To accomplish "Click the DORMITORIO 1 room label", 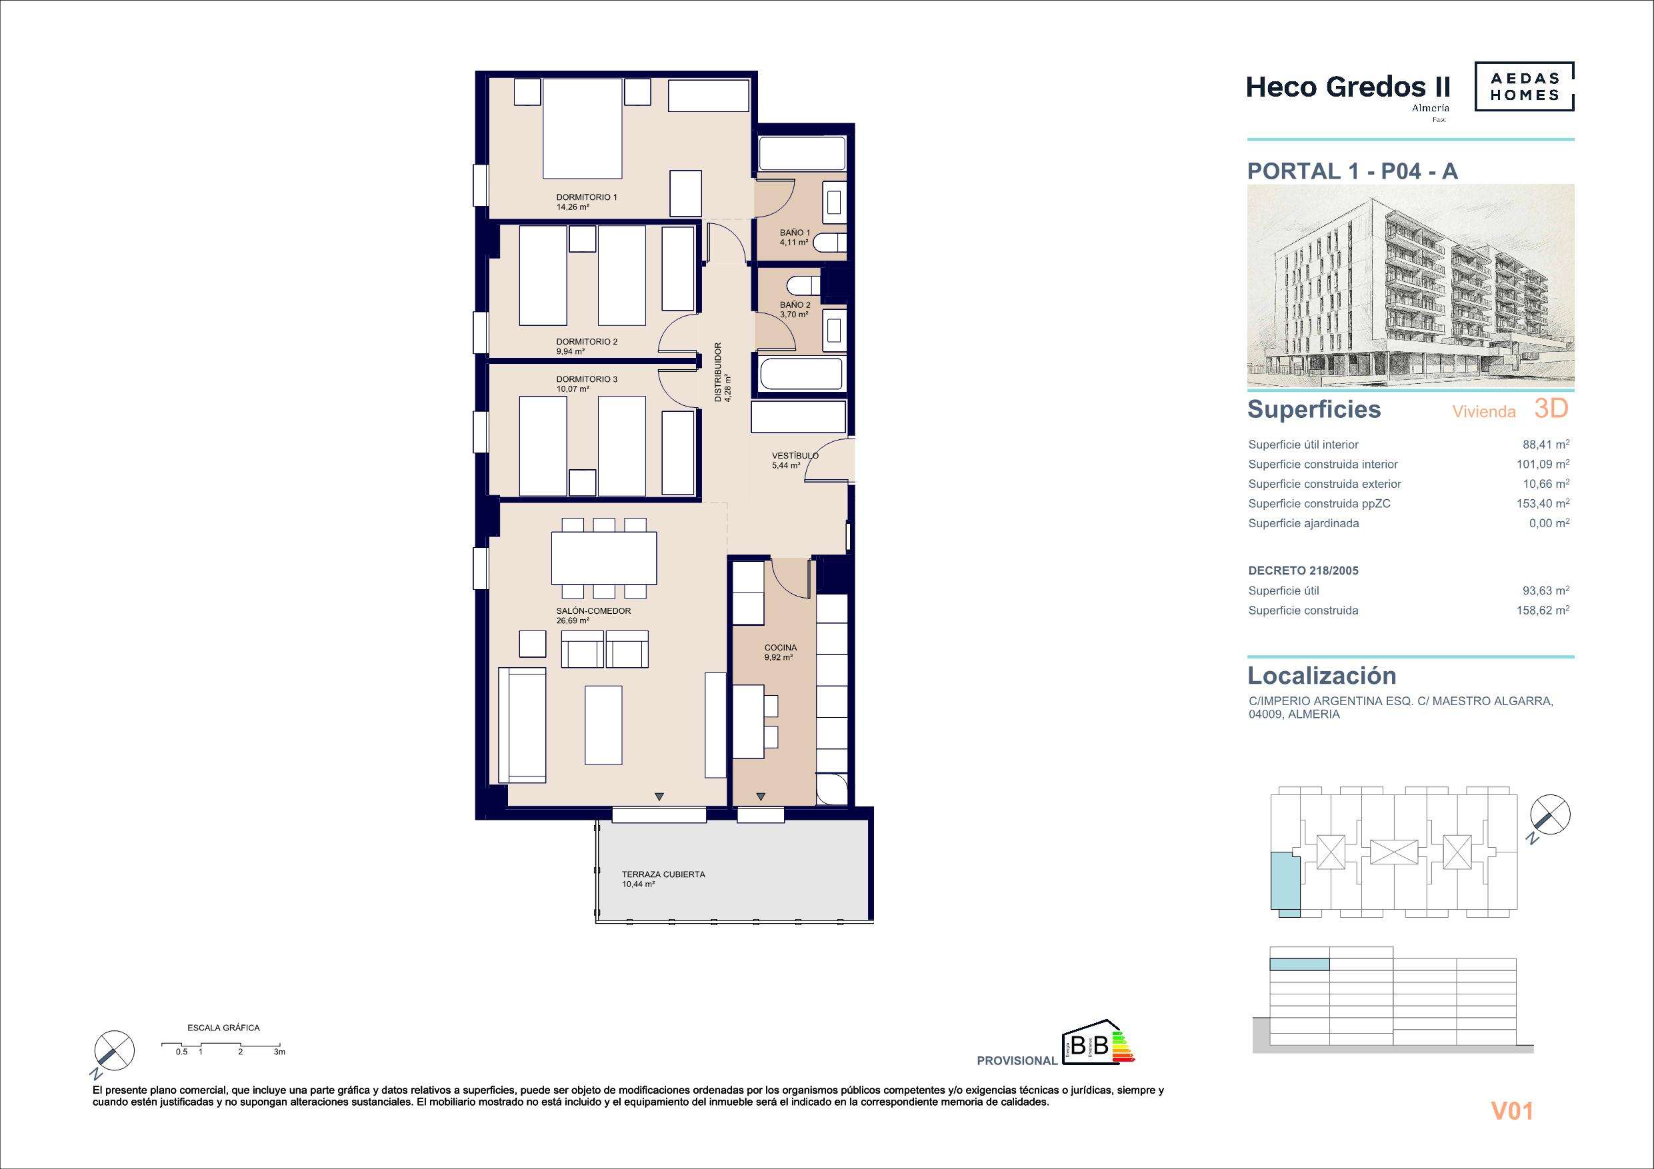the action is pos(587,197).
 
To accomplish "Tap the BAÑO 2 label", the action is pos(795,305).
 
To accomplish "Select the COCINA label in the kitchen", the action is pos(781,648).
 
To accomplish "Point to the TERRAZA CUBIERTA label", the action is pos(663,874).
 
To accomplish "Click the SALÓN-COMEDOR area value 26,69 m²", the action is pos(573,620).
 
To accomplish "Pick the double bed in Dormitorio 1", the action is pos(582,128).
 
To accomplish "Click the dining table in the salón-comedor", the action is pos(604,557).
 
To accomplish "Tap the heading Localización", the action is pos(1322,676).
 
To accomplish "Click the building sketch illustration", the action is pos(1411,287).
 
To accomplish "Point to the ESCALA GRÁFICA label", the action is pos(223,1028).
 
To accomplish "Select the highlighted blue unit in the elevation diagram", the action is pos(1299,965).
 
